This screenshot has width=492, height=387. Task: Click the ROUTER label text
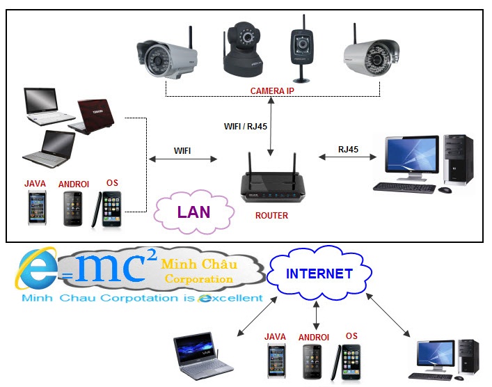coord(271,216)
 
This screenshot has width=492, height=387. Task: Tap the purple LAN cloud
coord(193,212)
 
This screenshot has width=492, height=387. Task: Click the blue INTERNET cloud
coord(319,274)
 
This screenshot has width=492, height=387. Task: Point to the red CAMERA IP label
coord(272,91)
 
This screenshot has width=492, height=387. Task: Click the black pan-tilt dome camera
coord(243,49)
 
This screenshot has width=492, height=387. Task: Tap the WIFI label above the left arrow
coord(182,150)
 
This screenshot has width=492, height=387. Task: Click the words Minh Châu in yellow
coord(198,264)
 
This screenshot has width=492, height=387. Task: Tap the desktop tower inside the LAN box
coord(458,162)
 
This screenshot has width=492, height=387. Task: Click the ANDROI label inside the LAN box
coord(74,184)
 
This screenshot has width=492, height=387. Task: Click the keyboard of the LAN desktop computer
coord(404,187)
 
